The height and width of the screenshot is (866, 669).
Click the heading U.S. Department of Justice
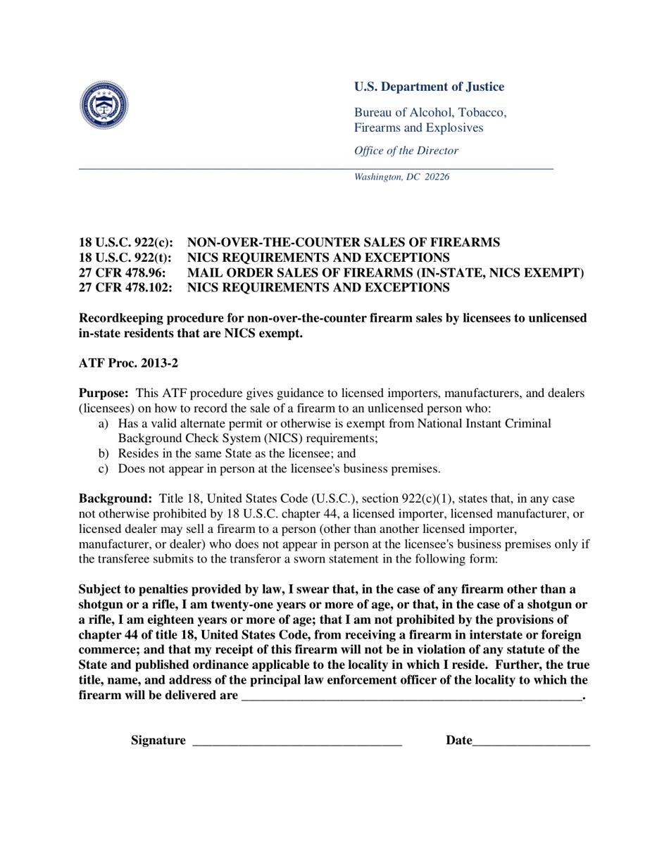tap(429, 87)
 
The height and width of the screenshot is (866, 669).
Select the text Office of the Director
tap(406, 151)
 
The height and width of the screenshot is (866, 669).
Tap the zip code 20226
tap(435, 177)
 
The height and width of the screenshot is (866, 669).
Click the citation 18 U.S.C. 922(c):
tap(125, 242)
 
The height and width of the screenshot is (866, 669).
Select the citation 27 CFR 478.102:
tap(125, 287)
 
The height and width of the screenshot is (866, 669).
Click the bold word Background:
tap(115, 499)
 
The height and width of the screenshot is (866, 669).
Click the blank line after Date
tap(531, 742)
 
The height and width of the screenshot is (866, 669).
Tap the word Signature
tap(158, 741)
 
